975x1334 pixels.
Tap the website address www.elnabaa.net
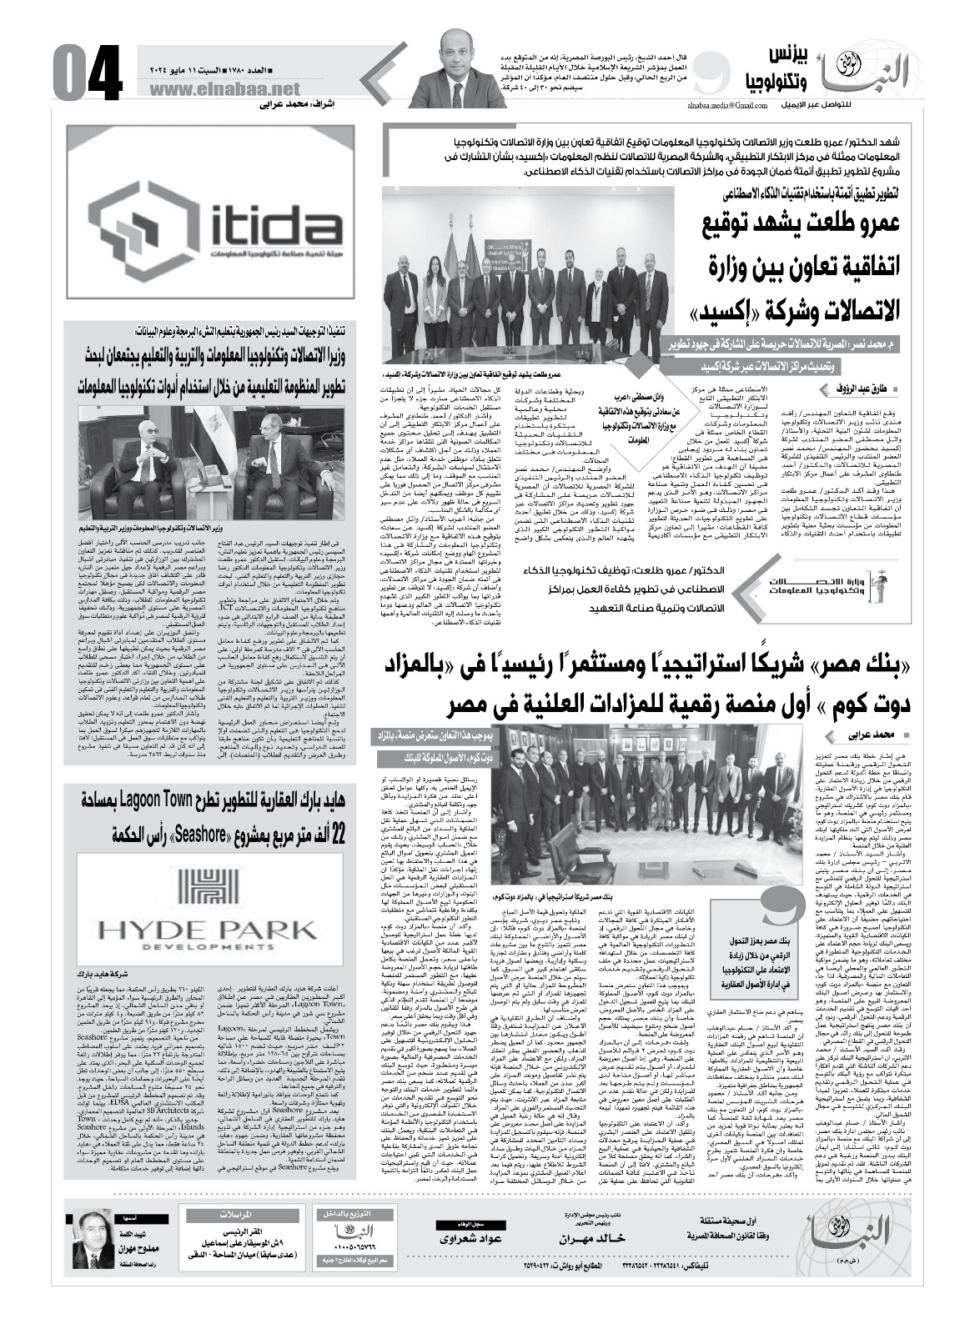[225, 89]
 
